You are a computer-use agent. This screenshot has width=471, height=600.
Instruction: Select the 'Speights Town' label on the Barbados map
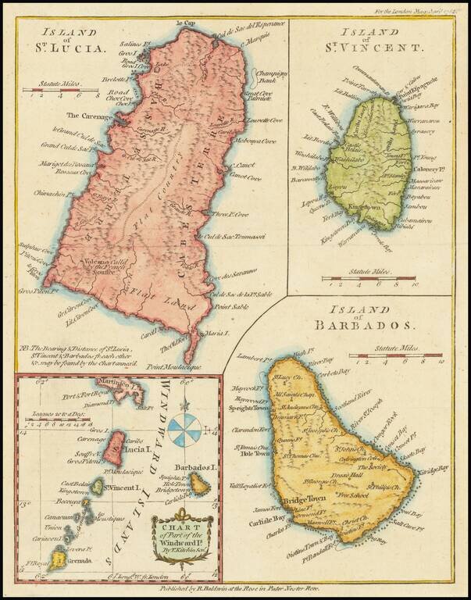[x=248, y=408]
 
